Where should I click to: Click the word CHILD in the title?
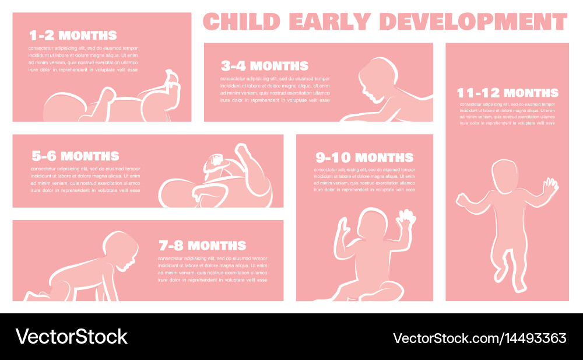point(241,21)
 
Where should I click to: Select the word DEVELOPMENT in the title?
point(473,21)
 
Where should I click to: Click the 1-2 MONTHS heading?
point(73,36)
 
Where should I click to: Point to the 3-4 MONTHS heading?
point(265,66)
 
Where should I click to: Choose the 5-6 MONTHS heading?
point(75,156)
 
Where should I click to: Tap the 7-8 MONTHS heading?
point(202,246)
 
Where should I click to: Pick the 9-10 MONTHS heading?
point(364,158)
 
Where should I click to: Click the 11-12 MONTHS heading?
point(508,93)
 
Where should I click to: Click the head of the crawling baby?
point(120,250)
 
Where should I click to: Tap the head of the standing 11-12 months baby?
point(504,176)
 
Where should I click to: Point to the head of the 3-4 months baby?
point(377,79)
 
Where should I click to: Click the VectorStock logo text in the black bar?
point(71,337)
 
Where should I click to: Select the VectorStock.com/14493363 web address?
point(480,338)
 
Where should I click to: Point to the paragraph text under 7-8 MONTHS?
point(212,269)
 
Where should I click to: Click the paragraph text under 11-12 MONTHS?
point(507,114)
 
